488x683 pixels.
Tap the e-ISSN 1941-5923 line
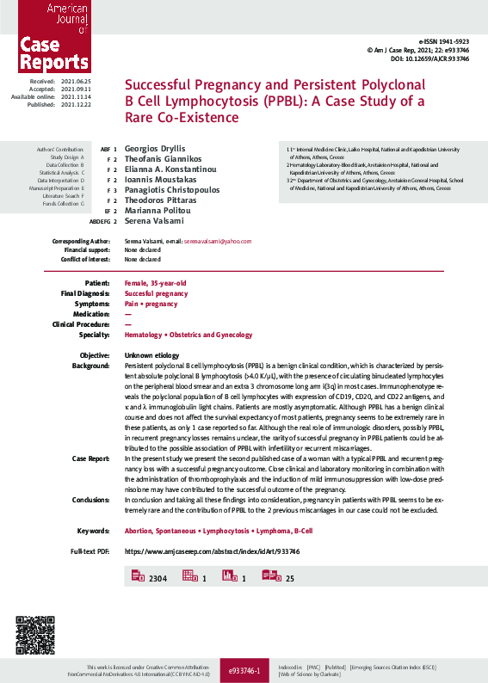coord(444,41)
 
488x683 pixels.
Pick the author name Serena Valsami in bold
coord(156,220)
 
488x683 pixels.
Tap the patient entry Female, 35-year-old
coord(156,283)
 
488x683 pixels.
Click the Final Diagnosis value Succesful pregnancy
coord(156,293)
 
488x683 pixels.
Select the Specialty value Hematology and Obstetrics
coord(188,335)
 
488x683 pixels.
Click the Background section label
coord(92,366)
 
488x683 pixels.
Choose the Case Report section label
coord(91,458)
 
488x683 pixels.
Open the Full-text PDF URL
coord(212,550)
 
